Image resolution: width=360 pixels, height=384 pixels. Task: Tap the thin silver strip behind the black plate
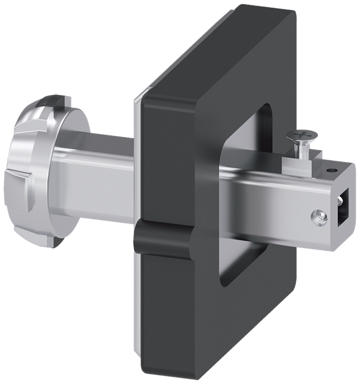point(137,165)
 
